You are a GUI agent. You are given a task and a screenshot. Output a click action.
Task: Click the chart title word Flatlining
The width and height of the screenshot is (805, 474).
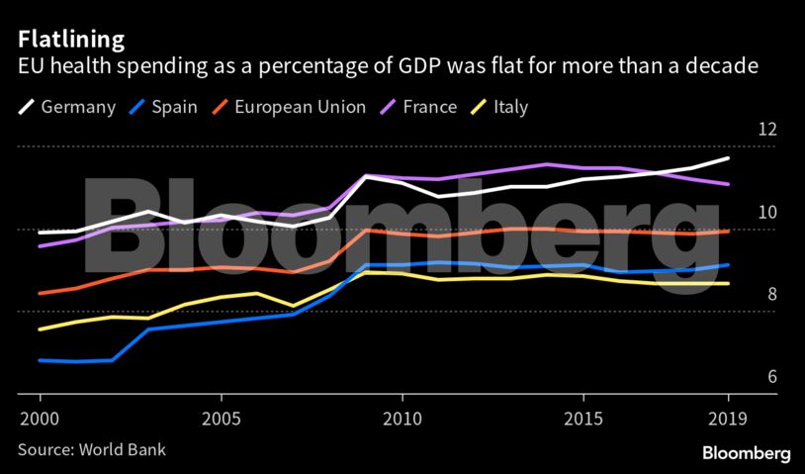coord(70,41)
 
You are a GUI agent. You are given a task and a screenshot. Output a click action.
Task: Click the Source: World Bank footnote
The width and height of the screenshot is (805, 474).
coord(91,449)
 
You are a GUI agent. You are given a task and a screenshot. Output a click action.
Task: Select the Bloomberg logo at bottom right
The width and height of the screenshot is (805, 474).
coord(747,453)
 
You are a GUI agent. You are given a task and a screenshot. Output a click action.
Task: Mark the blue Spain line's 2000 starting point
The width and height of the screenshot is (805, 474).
coord(40,360)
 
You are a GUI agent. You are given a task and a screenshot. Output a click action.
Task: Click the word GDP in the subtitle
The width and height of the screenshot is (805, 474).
coord(391,68)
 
